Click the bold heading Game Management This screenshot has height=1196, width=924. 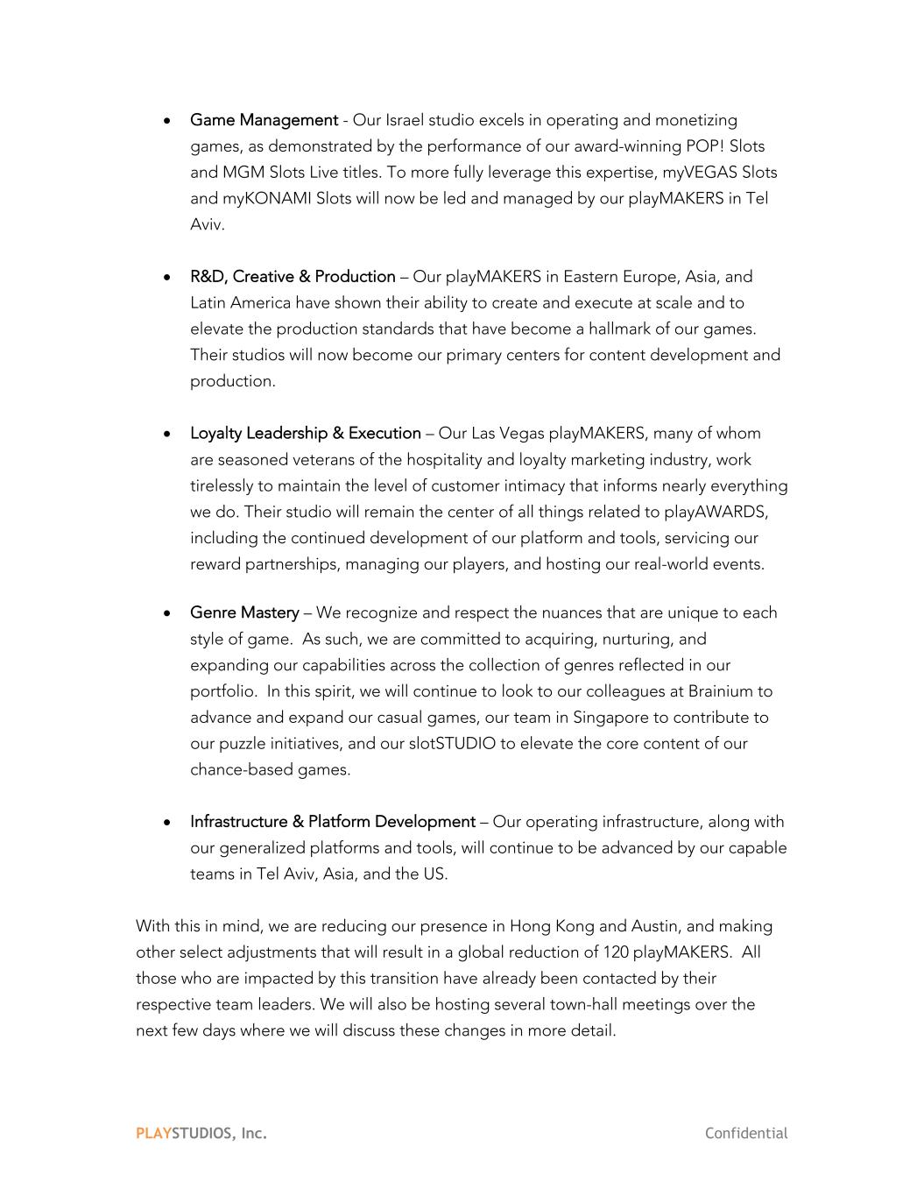(x=264, y=120)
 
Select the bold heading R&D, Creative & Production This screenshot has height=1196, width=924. (x=293, y=277)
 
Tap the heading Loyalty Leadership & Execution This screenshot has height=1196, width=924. (x=305, y=434)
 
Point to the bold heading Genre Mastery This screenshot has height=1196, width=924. (x=244, y=613)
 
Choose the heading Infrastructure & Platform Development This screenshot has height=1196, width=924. (x=332, y=822)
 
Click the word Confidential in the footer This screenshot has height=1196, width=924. (x=746, y=1133)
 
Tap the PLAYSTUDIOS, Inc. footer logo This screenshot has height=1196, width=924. (x=201, y=1133)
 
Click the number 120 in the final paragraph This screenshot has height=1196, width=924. (x=616, y=952)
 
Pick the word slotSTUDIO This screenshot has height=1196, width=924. (x=452, y=744)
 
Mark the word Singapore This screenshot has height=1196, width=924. (x=610, y=718)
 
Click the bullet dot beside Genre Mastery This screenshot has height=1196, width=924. (x=167, y=613)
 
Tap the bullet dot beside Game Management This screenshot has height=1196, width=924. (x=167, y=121)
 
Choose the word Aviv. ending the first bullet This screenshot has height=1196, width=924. (x=208, y=225)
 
